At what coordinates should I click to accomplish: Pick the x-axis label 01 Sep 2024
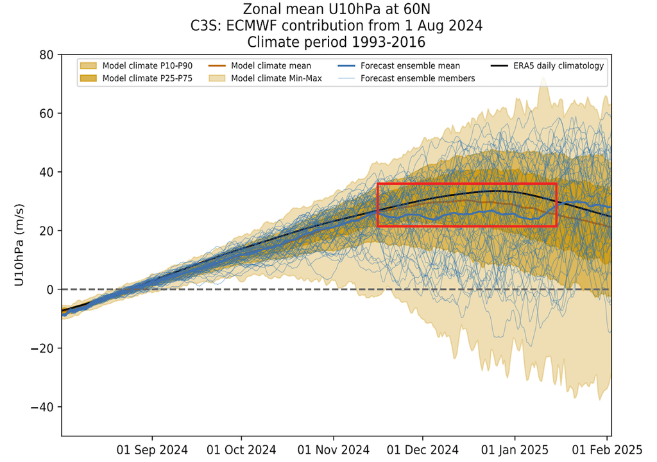pos(153,449)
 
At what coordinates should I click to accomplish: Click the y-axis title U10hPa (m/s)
pos(19,245)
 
